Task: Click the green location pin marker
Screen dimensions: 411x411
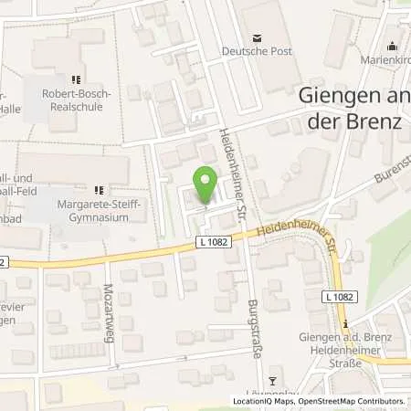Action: [205, 185]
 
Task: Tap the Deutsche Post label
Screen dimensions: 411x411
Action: [257, 52]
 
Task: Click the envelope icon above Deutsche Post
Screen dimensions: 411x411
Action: [257, 37]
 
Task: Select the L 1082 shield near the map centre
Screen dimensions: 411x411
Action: [210, 242]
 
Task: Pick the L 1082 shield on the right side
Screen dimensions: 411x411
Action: [340, 298]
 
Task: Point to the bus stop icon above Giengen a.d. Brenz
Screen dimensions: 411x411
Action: [345, 323]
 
